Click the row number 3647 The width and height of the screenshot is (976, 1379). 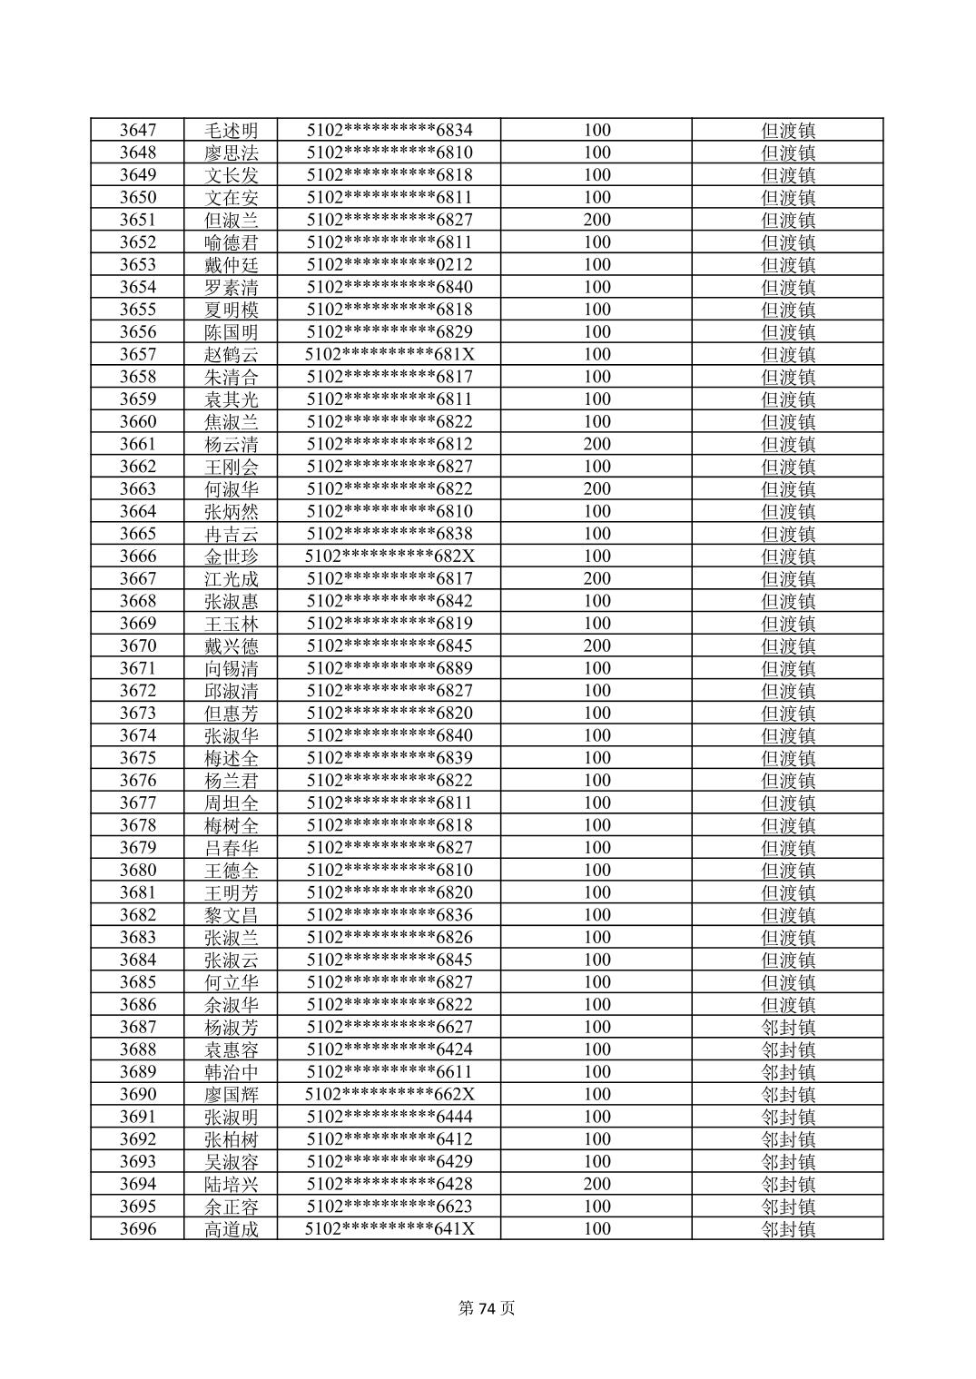(x=137, y=130)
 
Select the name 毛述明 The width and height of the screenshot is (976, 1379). (x=231, y=130)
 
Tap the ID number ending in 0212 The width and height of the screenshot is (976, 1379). (x=389, y=264)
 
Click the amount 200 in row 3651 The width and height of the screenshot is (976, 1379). (x=596, y=220)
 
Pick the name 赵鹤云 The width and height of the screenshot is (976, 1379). (x=231, y=354)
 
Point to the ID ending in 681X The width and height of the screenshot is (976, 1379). (x=389, y=354)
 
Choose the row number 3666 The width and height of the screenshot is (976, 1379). (x=137, y=556)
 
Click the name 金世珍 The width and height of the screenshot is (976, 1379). (x=231, y=556)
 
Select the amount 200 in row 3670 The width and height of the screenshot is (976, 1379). (x=596, y=645)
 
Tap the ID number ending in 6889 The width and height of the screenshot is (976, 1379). (x=389, y=668)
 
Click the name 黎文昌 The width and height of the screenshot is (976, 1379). (x=231, y=914)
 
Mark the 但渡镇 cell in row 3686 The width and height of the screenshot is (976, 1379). (x=787, y=1004)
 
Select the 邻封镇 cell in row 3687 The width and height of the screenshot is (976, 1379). (x=787, y=1027)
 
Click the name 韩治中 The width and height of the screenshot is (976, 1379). (x=231, y=1071)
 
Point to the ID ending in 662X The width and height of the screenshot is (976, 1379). (x=389, y=1094)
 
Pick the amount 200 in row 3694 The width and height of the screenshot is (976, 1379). (x=596, y=1184)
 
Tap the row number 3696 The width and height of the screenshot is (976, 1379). (x=137, y=1228)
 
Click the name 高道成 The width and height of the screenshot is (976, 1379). (x=231, y=1228)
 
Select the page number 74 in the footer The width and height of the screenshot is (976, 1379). (x=488, y=1308)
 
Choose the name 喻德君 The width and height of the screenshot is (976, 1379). (x=231, y=242)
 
